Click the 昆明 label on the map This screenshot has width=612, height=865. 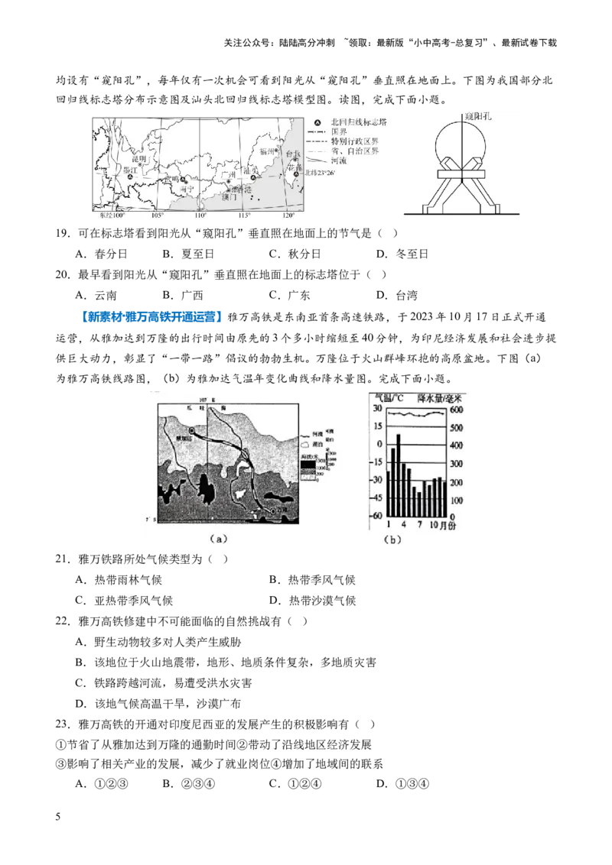pos(139,159)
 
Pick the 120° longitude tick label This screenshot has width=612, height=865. pos(288,217)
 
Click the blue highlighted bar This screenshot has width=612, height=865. pos(153,316)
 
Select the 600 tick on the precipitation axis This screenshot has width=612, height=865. pos(456,410)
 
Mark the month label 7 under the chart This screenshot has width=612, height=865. pos(420,525)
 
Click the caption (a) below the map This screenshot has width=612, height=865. pos(219,538)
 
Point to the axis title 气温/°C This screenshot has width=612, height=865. pos(389,397)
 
